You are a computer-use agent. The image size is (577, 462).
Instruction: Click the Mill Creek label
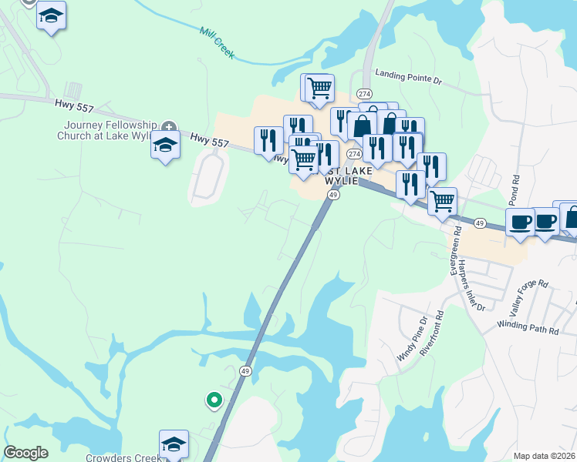tap(217, 44)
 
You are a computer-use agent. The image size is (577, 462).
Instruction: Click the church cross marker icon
tap(170, 126)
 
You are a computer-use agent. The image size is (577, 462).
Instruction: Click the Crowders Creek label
tap(123, 457)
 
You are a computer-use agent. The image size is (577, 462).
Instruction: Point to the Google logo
tap(25, 453)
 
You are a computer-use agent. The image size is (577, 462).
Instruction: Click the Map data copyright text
tap(543, 456)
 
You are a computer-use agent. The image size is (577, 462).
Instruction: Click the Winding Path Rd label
tap(528, 330)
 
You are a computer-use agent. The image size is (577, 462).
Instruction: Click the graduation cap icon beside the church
tap(164, 145)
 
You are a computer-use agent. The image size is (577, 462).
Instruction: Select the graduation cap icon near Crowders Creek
tap(174, 444)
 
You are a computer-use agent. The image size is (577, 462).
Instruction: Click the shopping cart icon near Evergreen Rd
tap(442, 201)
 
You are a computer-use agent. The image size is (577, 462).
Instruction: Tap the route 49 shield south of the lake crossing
tap(245, 371)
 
